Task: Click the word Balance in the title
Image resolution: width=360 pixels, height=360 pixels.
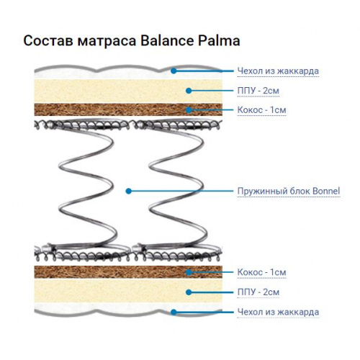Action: tap(167, 40)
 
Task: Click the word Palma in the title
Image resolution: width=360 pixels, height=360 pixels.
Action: tap(219, 41)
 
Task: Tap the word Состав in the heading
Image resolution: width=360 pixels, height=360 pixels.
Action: tap(48, 41)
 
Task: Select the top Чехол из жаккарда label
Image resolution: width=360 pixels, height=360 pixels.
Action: tap(278, 71)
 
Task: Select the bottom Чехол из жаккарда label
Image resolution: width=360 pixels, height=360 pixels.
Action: tap(278, 312)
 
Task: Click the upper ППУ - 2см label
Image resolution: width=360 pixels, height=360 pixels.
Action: tap(258, 91)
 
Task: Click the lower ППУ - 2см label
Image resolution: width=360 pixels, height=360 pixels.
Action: tap(258, 292)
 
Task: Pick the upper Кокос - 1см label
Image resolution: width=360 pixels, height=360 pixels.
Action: tap(261, 110)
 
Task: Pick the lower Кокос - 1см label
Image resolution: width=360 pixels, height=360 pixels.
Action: tap(261, 272)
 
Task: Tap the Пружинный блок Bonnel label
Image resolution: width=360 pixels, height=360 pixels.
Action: tap(289, 192)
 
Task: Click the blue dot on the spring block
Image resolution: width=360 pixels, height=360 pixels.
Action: tap(129, 191)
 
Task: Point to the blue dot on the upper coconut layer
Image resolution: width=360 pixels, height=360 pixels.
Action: tap(189, 110)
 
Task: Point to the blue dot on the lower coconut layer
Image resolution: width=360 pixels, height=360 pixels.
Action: tap(189, 272)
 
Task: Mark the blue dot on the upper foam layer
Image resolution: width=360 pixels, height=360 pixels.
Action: tap(189, 91)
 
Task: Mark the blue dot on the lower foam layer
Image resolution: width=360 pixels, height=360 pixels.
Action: tap(189, 292)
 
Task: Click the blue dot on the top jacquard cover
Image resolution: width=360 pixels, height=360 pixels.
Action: tap(174, 71)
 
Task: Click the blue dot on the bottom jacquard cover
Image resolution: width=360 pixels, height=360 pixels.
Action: tap(174, 312)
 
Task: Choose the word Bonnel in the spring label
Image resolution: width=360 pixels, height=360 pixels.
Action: tap(326, 192)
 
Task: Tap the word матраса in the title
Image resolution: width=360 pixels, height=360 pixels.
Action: tap(107, 41)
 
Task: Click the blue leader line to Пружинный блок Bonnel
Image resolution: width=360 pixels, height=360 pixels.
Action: tap(181, 191)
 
